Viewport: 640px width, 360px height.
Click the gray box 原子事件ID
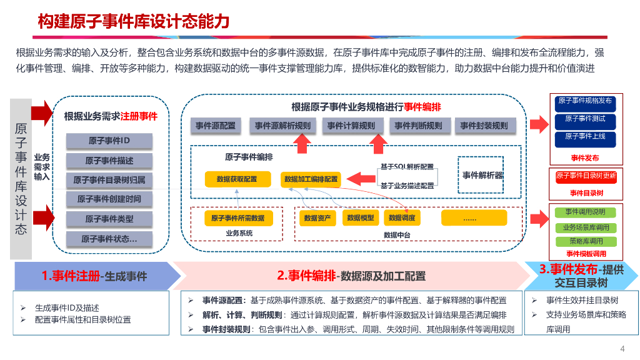(109, 141)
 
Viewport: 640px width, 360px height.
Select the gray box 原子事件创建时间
(109, 199)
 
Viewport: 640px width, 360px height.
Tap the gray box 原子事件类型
(109, 219)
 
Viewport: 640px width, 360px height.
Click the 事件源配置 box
(216, 126)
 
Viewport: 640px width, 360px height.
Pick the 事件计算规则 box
(351, 126)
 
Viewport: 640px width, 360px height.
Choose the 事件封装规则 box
(484, 126)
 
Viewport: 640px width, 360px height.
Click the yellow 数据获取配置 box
(237, 179)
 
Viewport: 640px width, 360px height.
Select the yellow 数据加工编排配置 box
(311, 179)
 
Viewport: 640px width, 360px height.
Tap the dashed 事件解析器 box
(482, 175)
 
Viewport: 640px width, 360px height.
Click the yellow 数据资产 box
(318, 218)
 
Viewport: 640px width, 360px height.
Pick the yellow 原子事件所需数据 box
(237, 218)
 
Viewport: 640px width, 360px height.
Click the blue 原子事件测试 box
(585, 119)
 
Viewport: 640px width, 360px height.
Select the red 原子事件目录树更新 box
(586, 176)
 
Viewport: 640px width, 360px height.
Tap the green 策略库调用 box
(586, 241)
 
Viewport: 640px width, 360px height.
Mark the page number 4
(622, 349)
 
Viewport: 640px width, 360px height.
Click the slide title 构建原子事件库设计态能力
(134, 22)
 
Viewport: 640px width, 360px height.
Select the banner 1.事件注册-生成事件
(94, 276)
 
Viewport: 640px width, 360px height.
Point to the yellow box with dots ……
(470, 218)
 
